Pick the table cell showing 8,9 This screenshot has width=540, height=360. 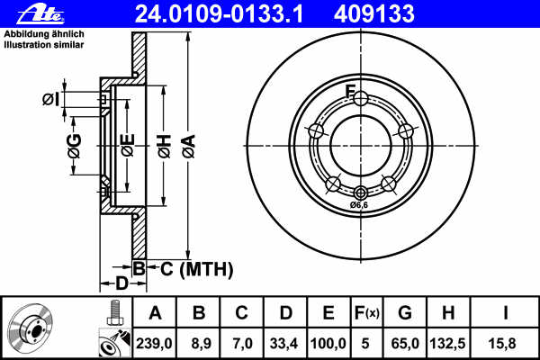[200, 342]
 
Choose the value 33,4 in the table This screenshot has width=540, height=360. [286, 342]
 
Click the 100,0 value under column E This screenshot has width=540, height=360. [329, 342]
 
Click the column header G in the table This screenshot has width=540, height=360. [405, 313]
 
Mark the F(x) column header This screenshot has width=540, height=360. [368, 313]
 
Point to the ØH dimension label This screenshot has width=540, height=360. [164, 147]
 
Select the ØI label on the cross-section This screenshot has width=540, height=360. [50, 100]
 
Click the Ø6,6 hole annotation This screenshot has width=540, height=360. [360, 205]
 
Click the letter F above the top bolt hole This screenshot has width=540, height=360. [352, 89]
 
